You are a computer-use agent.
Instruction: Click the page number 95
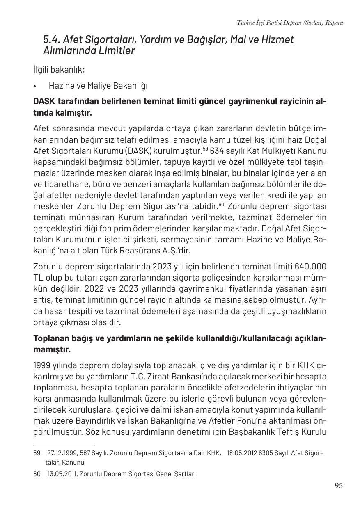coord(338,486)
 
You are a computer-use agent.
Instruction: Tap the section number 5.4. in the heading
coord(52,40)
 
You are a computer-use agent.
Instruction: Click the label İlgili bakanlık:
coord(59,69)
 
